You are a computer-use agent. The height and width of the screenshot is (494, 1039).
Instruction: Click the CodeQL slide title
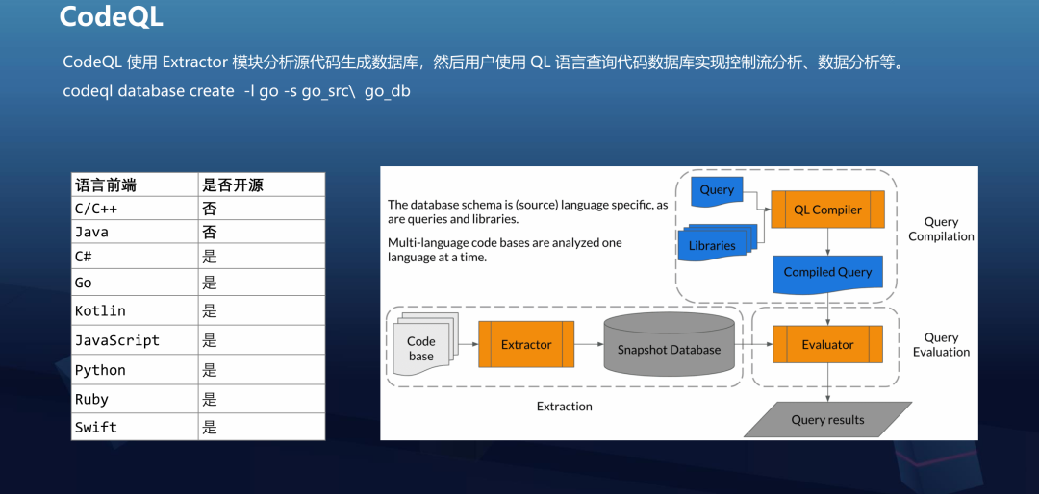pyautogui.click(x=111, y=17)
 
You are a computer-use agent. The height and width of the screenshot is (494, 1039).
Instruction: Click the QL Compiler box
pyautogui.click(x=827, y=210)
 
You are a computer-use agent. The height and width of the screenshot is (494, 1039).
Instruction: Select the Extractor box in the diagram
pyautogui.click(x=526, y=344)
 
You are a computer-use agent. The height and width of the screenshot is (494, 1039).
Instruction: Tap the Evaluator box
pyautogui.click(x=827, y=344)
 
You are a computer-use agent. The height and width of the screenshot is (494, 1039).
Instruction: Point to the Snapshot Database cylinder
pyautogui.click(x=669, y=347)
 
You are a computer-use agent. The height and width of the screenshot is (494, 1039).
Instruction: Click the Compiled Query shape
pyautogui.click(x=827, y=272)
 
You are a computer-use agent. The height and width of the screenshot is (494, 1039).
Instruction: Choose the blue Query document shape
pyautogui.click(x=717, y=190)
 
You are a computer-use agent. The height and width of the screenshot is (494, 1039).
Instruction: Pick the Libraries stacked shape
pyautogui.click(x=712, y=245)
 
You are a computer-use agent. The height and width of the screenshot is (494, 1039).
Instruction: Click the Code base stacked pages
pyautogui.click(x=421, y=347)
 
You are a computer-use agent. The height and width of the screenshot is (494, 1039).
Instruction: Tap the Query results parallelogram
pyautogui.click(x=827, y=419)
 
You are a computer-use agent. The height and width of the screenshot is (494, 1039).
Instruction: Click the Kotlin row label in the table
pyautogui.click(x=101, y=311)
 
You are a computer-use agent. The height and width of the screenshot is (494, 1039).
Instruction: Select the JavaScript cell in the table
pyautogui.click(x=117, y=340)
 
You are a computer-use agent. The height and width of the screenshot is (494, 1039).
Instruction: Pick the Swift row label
pyautogui.click(x=96, y=428)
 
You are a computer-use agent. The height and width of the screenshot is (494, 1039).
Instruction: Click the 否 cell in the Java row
pyautogui.click(x=209, y=232)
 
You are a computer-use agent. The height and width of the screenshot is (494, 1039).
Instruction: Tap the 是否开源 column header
pyautogui.click(x=232, y=185)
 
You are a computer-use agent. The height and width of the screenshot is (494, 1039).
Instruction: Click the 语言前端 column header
pyautogui.click(x=103, y=185)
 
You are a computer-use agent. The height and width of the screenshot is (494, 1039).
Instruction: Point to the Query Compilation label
pyautogui.click(x=941, y=229)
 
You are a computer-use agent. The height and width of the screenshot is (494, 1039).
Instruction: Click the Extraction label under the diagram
pyautogui.click(x=565, y=407)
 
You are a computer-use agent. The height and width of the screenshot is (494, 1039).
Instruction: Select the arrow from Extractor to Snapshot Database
pyautogui.click(x=589, y=344)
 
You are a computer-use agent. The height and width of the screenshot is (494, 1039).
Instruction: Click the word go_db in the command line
pyautogui.click(x=387, y=91)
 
